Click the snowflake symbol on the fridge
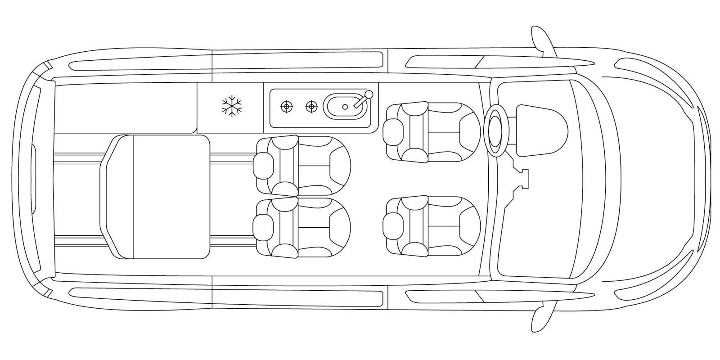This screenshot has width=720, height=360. click(232, 106)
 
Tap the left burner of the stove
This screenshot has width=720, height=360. click(285, 107)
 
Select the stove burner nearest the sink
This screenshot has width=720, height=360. click(310, 107)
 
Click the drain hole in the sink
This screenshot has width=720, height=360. click(345, 107)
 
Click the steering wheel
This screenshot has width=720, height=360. click(496, 130)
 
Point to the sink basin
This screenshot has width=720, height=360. click(342, 107)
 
